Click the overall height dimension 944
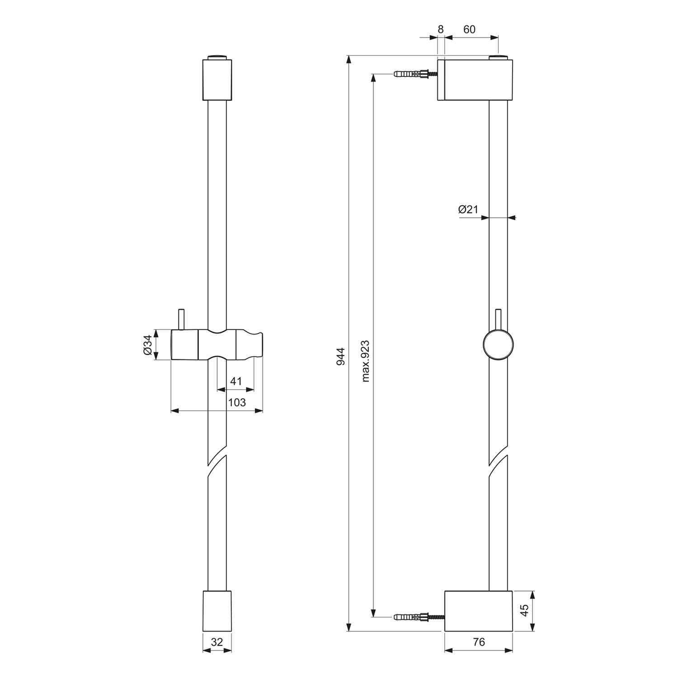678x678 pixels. click(x=341, y=356)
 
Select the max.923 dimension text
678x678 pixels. click(x=366, y=361)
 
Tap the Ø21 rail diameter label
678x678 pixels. click(x=468, y=209)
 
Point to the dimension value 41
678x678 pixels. click(x=236, y=381)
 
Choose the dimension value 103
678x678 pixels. click(x=236, y=402)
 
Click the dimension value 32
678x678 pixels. click(x=217, y=642)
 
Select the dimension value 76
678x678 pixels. click(x=479, y=642)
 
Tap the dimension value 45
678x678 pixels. click(x=524, y=611)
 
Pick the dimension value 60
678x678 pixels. click(x=470, y=29)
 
